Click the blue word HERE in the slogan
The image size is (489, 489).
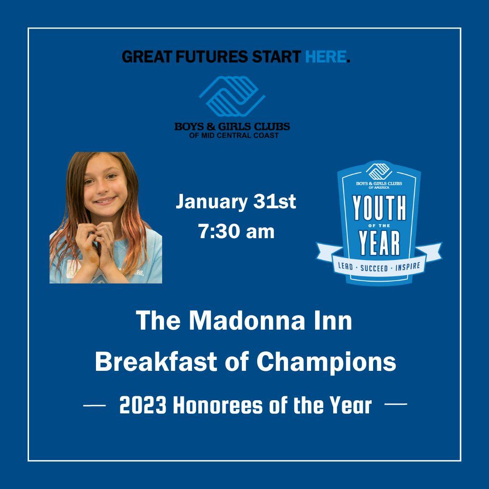tap(326, 57)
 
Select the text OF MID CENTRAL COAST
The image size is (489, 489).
tap(234, 135)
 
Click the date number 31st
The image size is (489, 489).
tap(274, 202)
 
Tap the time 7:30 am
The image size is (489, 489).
tap(236, 232)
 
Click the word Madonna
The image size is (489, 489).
tap(246, 321)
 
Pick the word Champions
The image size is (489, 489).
tap(326, 363)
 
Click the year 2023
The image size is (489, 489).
tap(143, 405)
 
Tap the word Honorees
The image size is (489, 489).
tap(218, 405)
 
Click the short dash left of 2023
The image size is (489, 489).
tap(95, 405)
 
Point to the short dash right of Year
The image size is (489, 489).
tap(396, 404)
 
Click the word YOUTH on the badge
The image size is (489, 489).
tap(379, 208)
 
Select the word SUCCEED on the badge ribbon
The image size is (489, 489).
tap(374, 268)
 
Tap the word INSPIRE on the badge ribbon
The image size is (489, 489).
tap(407, 267)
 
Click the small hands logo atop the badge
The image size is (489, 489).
tap(379, 172)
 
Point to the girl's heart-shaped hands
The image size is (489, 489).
tap(95, 240)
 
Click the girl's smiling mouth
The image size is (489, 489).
tap(105, 200)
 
